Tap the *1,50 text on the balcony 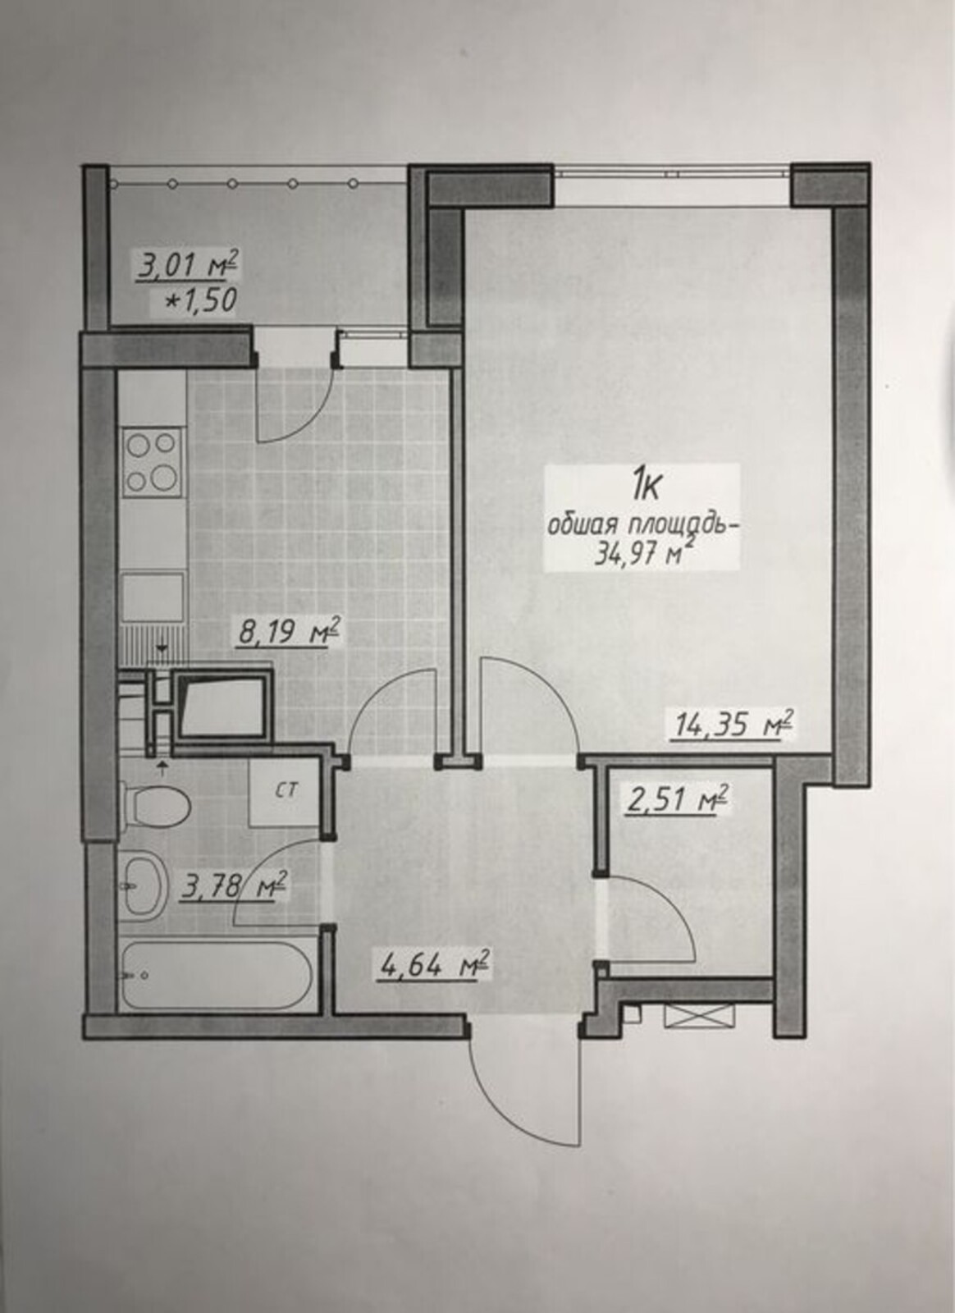(x=202, y=300)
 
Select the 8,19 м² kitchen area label (x=287, y=632)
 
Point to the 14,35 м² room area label (x=734, y=725)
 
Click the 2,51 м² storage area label (x=669, y=798)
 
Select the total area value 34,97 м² (x=640, y=553)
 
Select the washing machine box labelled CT (x=285, y=793)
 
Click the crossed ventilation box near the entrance (x=699, y=1014)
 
